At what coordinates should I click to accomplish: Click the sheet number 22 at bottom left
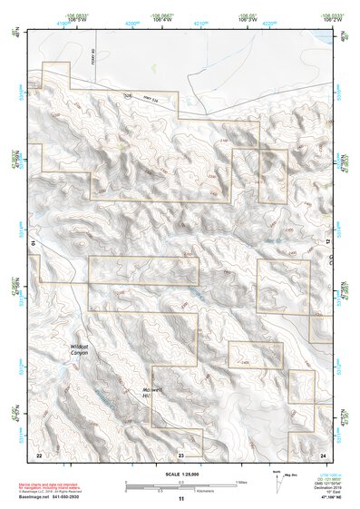click(38, 454)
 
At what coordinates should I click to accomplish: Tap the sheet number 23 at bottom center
click(181, 454)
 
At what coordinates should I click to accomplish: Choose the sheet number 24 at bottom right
click(322, 454)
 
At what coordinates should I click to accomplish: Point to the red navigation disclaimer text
click(69, 483)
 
